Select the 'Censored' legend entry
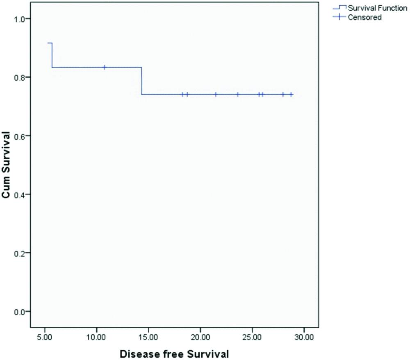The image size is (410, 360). [364, 17]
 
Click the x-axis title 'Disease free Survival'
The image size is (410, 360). [174, 353]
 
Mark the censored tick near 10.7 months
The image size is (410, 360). [104, 67]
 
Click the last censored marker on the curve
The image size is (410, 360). [291, 94]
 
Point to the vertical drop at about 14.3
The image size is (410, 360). [141, 81]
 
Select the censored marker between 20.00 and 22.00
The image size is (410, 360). [216, 94]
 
